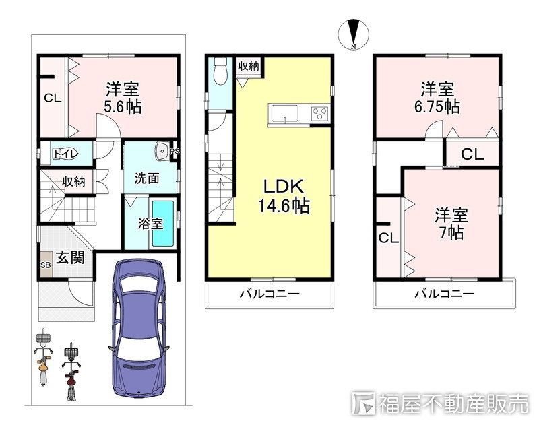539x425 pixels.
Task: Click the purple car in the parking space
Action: coord(139,328)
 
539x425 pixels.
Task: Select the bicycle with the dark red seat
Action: coord(71,372)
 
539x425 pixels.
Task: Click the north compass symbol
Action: coord(353,34)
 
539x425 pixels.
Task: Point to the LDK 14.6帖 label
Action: coord(284,196)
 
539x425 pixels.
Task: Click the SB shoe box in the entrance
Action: coord(46,265)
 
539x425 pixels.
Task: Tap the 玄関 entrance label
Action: coord(70,257)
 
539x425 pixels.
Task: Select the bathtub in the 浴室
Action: coord(163,224)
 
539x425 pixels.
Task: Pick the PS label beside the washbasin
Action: coord(175,151)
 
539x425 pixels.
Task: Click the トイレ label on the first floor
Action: coord(65,154)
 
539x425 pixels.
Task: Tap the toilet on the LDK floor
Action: coord(220,70)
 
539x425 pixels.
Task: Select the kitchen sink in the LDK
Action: coord(284,113)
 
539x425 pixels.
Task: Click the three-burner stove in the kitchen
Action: coord(319,114)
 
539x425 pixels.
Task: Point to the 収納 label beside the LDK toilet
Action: coord(249,66)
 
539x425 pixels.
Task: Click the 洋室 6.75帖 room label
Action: coord(437,98)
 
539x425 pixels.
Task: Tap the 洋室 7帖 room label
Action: coord(451,224)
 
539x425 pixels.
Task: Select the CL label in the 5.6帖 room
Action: coord(53,98)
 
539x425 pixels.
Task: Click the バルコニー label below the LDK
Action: coord(269,294)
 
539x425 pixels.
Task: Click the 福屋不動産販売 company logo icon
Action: coord(363,403)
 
